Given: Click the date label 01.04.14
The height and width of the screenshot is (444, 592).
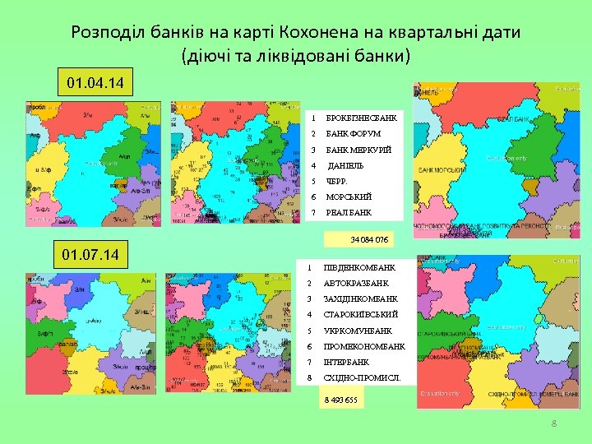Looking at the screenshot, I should click(95, 84).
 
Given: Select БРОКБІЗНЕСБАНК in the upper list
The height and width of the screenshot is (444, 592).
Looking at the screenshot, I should click(361, 118).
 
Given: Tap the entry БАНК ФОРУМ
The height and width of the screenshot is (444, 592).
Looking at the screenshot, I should click(353, 134).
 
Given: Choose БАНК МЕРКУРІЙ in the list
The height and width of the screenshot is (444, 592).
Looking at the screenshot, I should click(358, 150).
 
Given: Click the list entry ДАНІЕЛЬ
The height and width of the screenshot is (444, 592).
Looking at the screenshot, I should click(345, 165).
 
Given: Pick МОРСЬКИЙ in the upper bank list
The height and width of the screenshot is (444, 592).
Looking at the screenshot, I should click(349, 197).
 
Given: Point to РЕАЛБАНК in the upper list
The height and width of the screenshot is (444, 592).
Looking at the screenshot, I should click(349, 213).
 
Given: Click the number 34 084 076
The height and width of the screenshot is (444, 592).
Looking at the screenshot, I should click(369, 239).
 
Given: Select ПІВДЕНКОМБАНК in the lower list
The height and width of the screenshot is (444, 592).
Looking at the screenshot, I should click(359, 268).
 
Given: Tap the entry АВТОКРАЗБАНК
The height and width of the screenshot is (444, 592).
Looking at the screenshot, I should click(355, 284).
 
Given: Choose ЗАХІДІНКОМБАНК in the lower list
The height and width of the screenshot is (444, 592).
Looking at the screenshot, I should click(361, 299).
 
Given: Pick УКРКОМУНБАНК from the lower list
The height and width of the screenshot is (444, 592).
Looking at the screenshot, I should click(358, 331).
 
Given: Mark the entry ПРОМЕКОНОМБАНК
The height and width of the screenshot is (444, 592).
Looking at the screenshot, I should click(363, 346).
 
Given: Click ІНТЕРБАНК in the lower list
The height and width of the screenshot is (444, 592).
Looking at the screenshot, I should click(346, 363).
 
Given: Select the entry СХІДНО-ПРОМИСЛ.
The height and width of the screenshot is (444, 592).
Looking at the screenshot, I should click(362, 378).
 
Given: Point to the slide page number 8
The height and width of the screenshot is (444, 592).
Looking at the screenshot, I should click(554, 423).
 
